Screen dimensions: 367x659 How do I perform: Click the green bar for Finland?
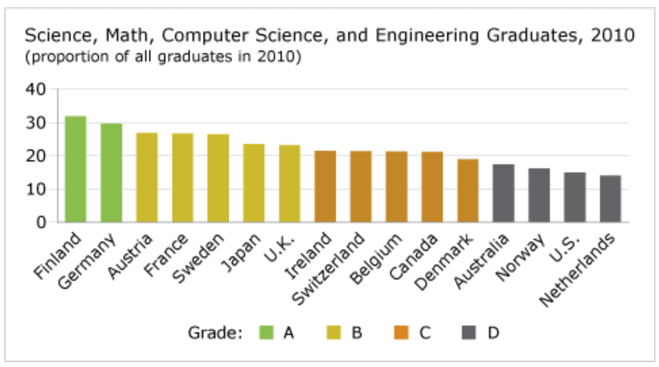coord(75,169)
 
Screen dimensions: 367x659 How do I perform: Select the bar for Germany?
coord(111,173)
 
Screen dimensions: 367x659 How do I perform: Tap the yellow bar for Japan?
coord(253,183)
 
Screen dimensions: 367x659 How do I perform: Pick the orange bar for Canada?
coord(432,187)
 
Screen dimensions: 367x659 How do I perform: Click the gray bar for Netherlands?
coord(610,199)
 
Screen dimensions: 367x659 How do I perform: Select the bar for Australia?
coord(504,194)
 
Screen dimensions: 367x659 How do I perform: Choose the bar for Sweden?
coord(218,178)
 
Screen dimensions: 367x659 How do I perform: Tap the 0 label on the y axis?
coord(43,222)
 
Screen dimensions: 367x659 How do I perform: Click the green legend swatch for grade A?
coord(266,332)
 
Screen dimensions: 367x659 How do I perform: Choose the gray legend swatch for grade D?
coord(469,332)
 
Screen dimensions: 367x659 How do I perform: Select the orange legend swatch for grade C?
coord(402,332)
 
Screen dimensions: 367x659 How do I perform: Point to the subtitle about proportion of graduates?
coord(162,57)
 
